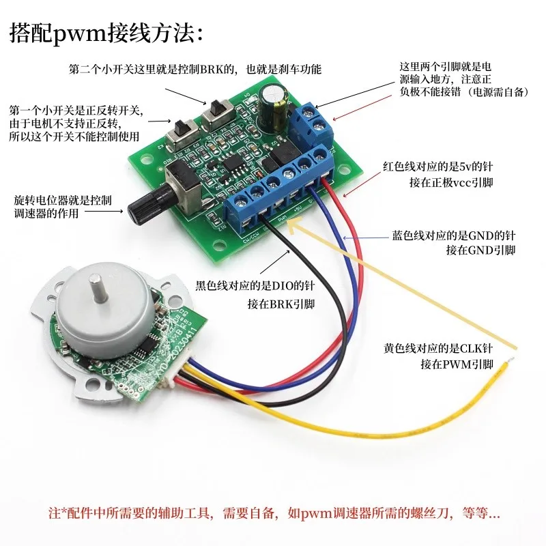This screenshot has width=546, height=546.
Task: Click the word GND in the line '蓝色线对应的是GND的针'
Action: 481,235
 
